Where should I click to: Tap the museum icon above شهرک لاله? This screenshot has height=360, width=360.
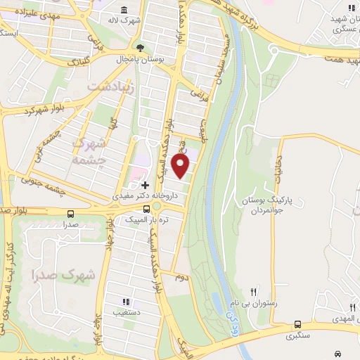pyautogui.click(x=124, y=9)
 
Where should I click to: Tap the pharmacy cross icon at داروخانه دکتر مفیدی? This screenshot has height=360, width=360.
pyautogui.click(x=146, y=185)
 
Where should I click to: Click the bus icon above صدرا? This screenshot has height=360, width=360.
pyautogui.click(x=70, y=214)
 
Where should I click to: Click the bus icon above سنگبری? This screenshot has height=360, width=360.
pyautogui.click(x=297, y=325)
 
